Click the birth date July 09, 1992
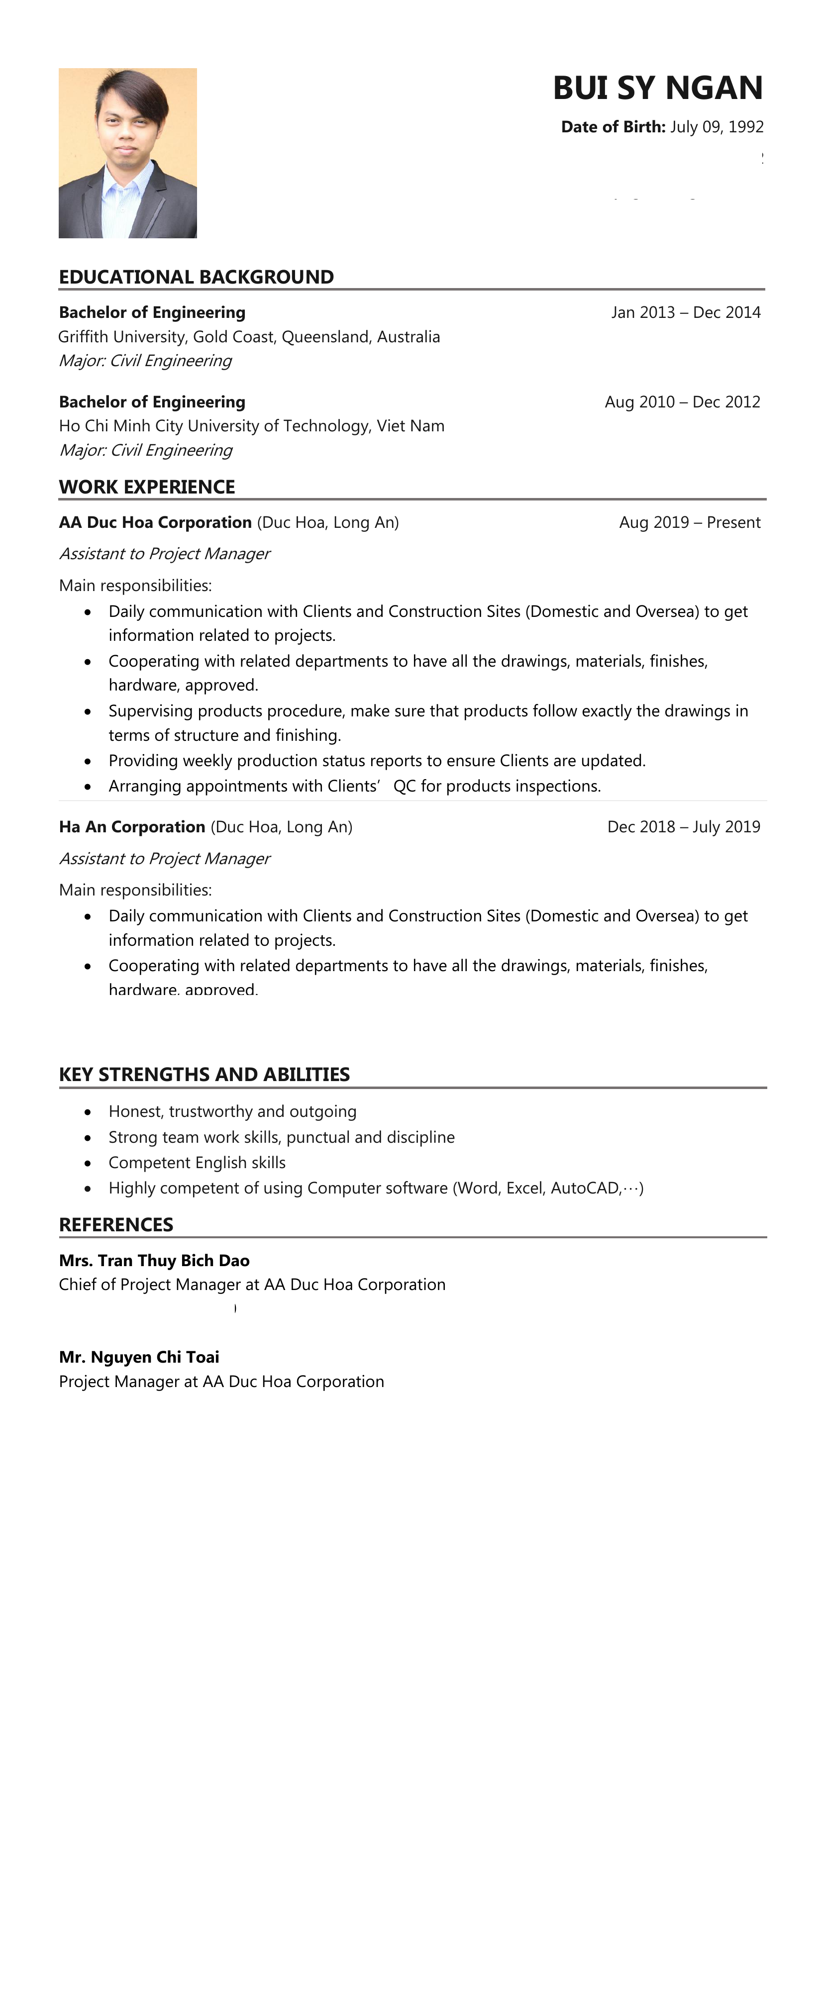tap(717, 127)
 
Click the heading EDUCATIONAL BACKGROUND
tap(196, 277)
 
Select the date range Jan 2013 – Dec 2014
tap(686, 312)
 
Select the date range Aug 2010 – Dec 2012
tap(682, 401)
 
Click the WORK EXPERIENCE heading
tap(147, 487)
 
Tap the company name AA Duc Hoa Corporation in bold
tap(155, 522)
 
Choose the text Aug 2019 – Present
tap(689, 522)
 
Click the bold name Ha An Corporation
tap(132, 826)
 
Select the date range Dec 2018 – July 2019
tap(683, 826)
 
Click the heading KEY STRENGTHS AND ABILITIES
tap(204, 1075)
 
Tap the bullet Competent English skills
tap(197, 1163)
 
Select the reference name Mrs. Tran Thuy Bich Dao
tap(154, 1261)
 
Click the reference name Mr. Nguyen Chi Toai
tap(139, 1357)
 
